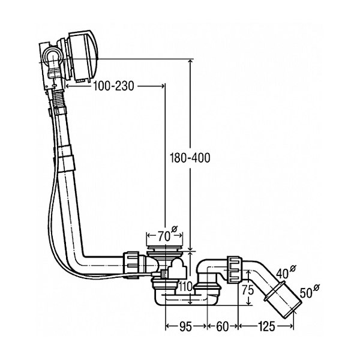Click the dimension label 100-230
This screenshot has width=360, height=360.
113,86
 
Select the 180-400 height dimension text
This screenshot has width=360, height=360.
190,158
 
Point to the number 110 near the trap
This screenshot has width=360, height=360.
185,286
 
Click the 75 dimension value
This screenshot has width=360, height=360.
248,290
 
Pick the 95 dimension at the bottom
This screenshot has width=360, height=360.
185,326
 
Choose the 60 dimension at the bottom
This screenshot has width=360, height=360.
222,326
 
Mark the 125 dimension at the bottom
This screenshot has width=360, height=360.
266,326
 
